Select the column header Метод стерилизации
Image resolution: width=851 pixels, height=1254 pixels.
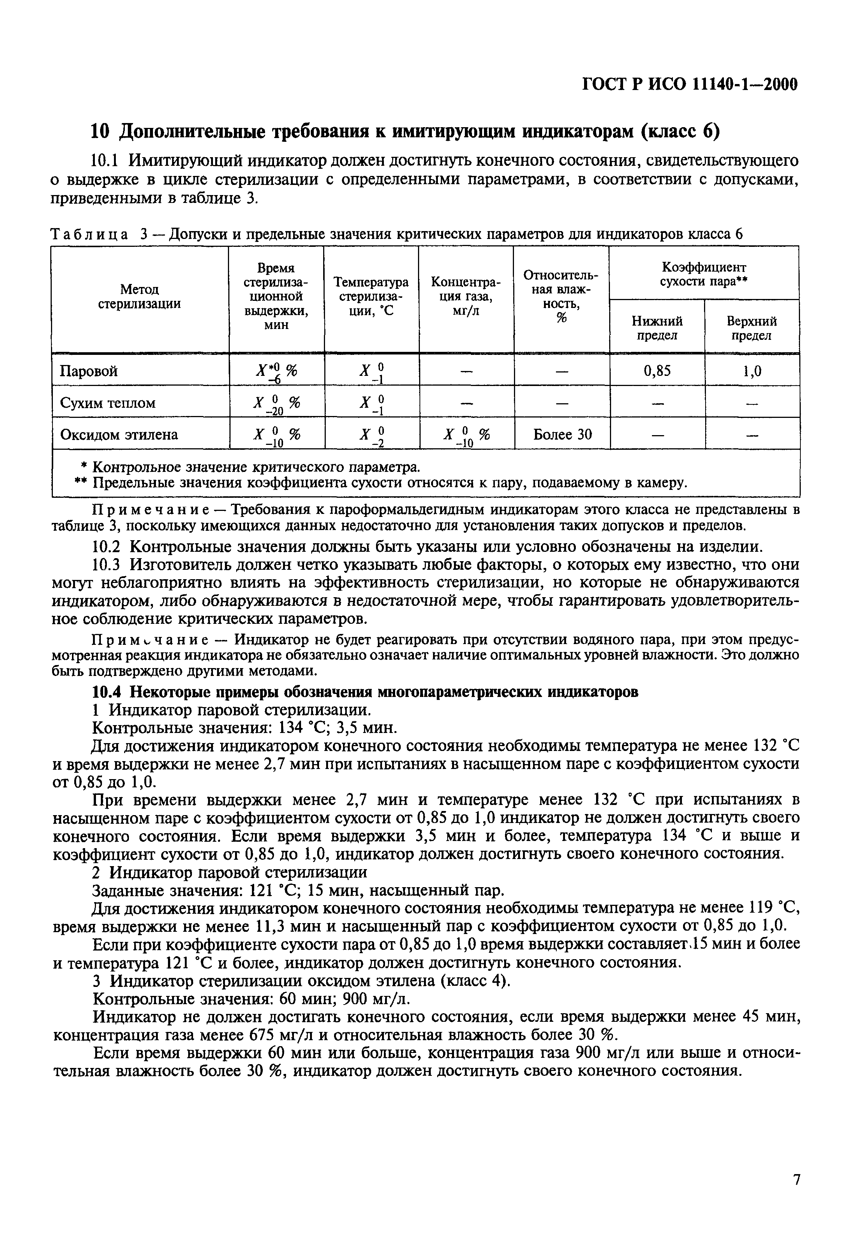(139, 297)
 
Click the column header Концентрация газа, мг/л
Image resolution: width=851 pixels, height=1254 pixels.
(466, 296)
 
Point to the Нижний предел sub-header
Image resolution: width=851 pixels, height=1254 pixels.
(656, 328)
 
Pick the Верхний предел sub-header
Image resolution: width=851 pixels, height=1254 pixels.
(751, 328)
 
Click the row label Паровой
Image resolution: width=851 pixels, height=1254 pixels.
(88, 371)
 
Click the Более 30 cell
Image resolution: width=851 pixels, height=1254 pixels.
(562, 434)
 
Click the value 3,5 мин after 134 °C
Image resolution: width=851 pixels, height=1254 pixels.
(367, 728)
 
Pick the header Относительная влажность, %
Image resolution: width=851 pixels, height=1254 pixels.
(561, 296)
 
